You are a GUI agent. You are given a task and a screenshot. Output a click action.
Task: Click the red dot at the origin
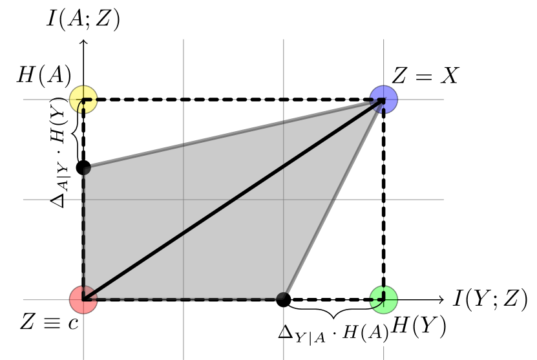[x=83, y=299]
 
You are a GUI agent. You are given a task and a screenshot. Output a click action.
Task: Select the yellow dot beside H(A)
[x=83, y=100]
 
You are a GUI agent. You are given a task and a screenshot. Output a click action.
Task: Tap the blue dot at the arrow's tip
[x=384, y=100]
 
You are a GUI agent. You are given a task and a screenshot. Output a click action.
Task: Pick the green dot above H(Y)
[x=384, y=299]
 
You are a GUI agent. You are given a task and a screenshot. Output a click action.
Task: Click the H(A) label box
[x=44, y=76]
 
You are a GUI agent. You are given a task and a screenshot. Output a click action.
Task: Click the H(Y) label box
[x=419, y=326]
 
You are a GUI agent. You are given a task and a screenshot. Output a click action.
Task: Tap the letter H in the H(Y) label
[x=401, y=326]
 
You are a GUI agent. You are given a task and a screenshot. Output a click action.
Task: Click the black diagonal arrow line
[x=233, y=200]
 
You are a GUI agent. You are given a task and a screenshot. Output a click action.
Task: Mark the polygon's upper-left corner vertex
[x=85, y=169]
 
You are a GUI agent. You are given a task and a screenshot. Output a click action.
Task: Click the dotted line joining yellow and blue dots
[x=233, y=100]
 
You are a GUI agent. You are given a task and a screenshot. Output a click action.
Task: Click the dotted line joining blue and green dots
[x=384, y=200]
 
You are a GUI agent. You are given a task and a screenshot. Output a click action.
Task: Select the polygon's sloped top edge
[x=233, y=134]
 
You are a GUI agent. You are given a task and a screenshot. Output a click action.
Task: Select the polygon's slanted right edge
[x=333, y=199]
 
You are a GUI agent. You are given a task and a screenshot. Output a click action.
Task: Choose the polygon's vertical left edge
[x=84, y=233]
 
